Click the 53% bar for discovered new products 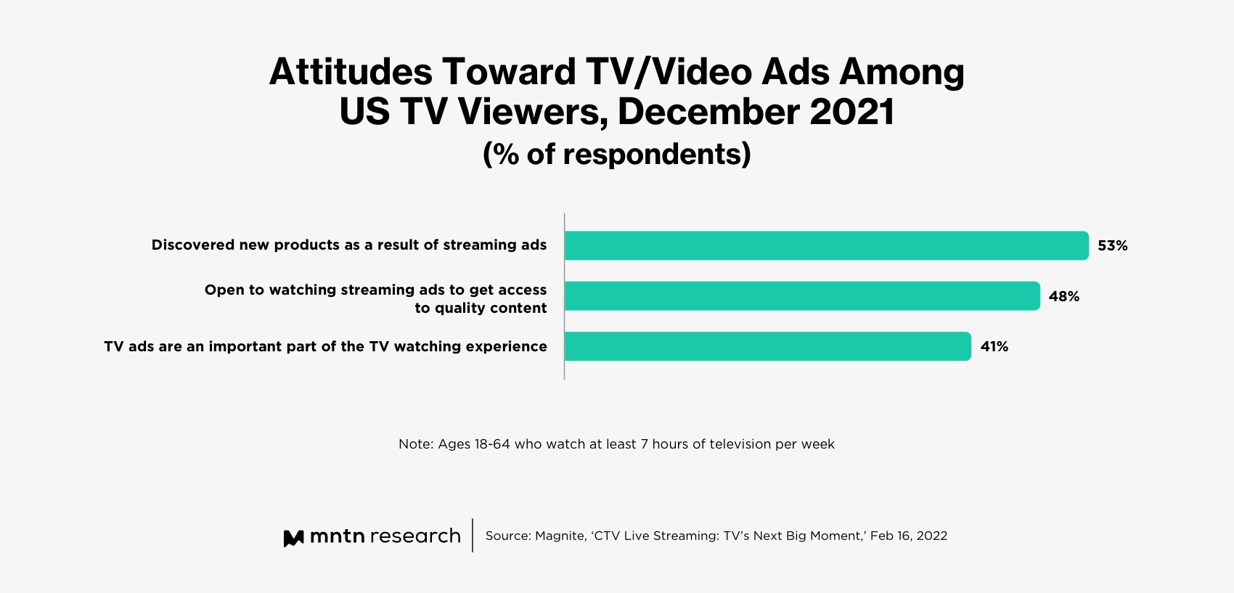click(826, 245)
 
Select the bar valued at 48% click(802, 296)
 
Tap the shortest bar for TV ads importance click(767, 346)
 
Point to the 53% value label click(1112, 246)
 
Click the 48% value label click(1063, 296)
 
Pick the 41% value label click(994, 347)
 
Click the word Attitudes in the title click(351, 72)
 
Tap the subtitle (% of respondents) click(616, 154)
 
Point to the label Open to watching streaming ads click(375, 290)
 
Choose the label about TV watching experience click(325, 347)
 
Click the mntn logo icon click(293, 538)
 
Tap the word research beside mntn click(414, 536)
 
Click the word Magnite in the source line click(559, 536)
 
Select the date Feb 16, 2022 click(908, 536)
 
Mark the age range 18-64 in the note click(492, 444)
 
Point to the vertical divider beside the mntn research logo click(473, 535)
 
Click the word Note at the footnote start click(415, 444)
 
